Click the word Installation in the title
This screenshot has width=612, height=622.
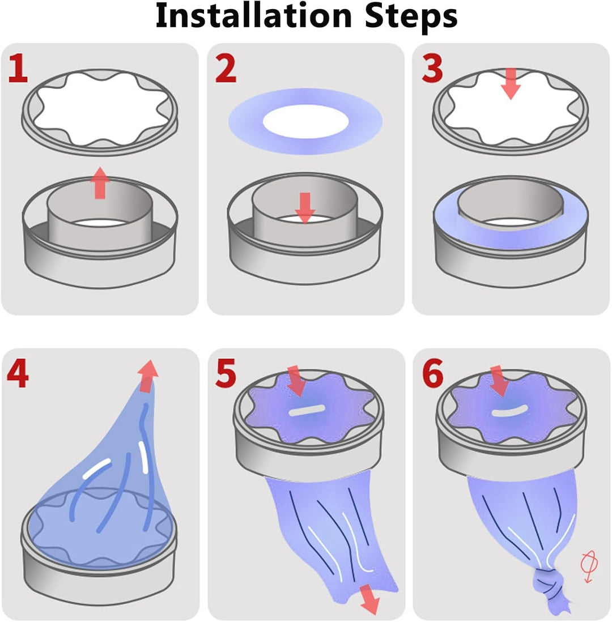tap(254, 16)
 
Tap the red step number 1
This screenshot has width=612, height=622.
tap(18, 68)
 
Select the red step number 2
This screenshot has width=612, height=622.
tap(226, 68)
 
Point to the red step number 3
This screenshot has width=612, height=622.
tap(432, 68)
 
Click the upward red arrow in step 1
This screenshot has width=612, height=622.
tap(100, 183)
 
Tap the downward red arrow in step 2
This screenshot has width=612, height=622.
tap(305, 208)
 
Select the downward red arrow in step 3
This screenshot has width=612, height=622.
tap(511, 84)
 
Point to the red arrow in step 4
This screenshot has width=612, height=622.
tap(148, 376)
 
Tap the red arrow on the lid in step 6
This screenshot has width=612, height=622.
tap(500, 381)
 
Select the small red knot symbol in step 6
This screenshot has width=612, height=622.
tap(589, 566)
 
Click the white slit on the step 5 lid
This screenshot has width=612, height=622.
tap(307, 411)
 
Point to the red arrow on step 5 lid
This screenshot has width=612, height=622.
tap(296, 381)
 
